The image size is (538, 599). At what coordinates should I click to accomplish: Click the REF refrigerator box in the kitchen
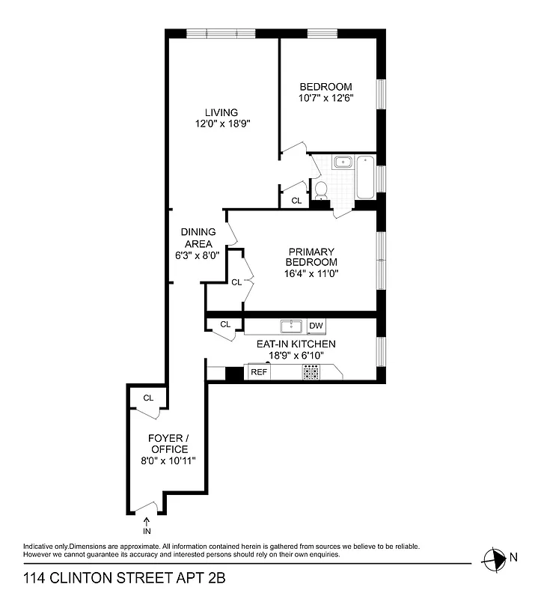[259, 372]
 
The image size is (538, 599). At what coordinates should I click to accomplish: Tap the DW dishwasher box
[317, 326]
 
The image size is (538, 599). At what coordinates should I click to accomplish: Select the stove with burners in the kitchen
[311, 372]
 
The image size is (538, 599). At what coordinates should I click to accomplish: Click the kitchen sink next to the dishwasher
[291, 326]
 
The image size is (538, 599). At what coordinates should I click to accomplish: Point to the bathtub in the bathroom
[366, 177]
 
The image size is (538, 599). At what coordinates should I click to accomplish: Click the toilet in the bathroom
[321, 189]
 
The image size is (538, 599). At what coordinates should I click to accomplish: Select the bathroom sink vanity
[343, 162]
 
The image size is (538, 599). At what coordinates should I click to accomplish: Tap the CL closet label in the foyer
[148, 398]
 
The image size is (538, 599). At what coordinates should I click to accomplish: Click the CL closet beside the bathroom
[296, 201]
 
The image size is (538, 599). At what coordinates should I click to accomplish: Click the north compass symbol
[495, 557]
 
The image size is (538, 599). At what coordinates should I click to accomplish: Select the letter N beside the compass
[513, 557]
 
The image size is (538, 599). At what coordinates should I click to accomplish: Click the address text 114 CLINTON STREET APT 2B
[124, 578]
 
